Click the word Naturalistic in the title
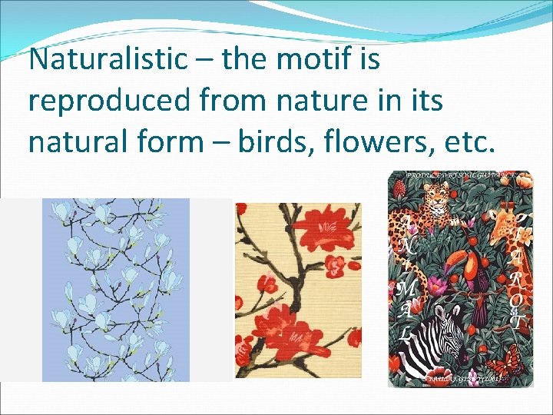(107, 58)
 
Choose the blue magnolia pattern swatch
(115, 290)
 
